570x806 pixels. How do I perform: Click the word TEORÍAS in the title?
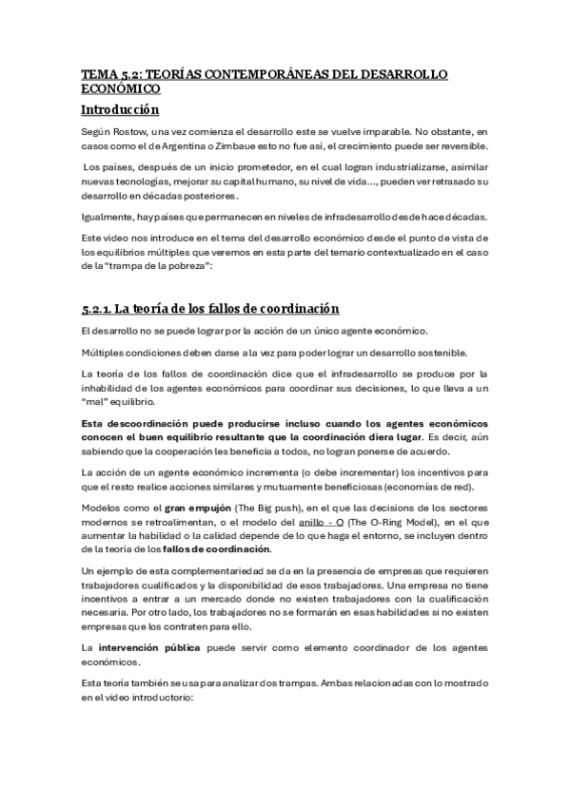pyautogui.click(x=172, y=73)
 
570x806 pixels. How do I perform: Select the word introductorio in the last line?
pyautogui.click(x=158, y=697)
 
